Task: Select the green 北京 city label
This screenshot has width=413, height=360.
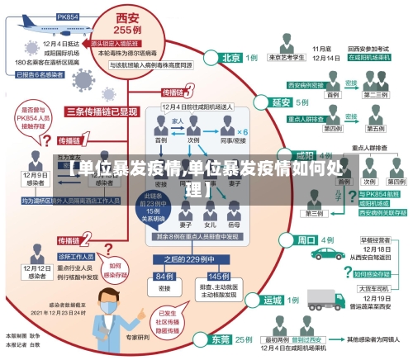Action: [x=232, y=58]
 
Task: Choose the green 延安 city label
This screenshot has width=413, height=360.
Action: [x=282, y=102]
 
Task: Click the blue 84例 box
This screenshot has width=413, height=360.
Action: [x=163, y=276]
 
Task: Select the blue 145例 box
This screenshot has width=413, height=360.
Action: [x=219, y=276]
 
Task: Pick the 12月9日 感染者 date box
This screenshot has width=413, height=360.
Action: [x=35, y=179]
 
